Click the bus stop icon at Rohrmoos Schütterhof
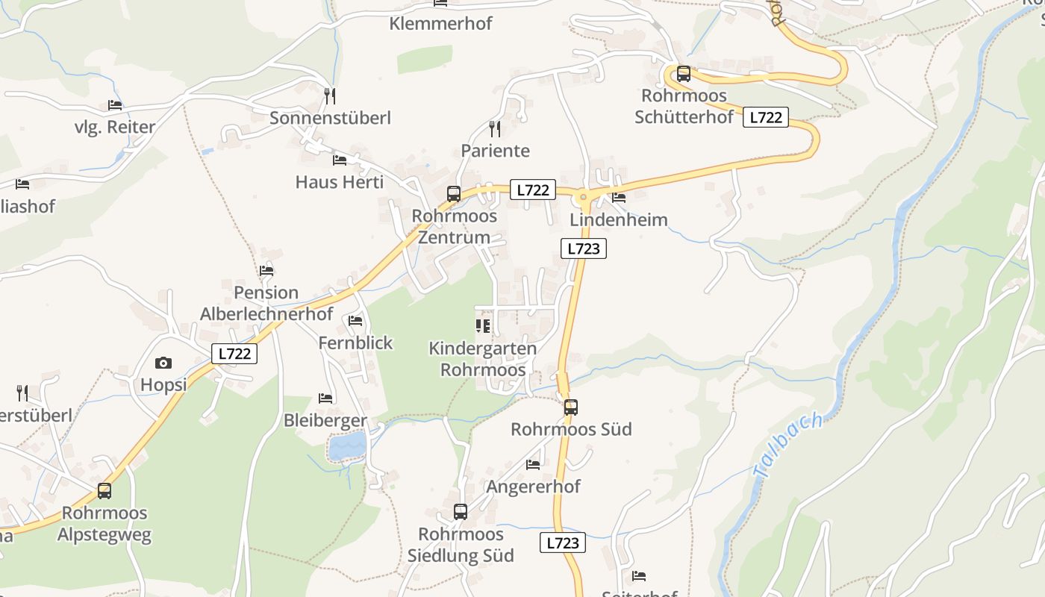pos(684,74)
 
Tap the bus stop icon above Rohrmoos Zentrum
pos(454,194)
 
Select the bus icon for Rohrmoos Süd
pos(571,407)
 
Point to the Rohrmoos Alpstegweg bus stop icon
pos(104,491)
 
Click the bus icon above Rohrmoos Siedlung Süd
pos(461,512)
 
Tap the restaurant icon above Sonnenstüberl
pos(330,96)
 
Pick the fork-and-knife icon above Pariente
pos(494,128)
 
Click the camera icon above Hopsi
pos(163,363)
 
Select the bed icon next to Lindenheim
pos(619,198)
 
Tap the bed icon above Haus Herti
pos(340,160)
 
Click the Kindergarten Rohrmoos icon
pos(483,326)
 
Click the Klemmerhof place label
pos(440,24)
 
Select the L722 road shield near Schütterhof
pos(766,117)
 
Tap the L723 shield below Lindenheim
pos(583,249)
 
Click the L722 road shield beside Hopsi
pos(234,354)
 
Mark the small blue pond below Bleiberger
pos(347,446)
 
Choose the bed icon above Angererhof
pos(533,464)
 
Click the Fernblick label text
pos(355,343)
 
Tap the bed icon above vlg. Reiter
pos(115,105)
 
